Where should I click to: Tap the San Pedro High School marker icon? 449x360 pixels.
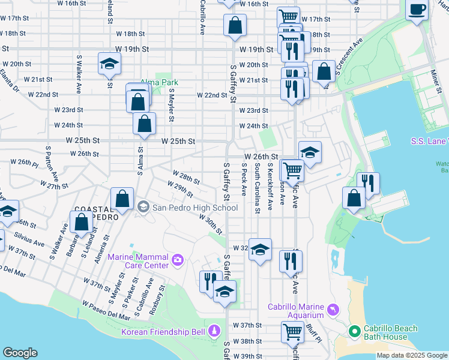click(x=143, y=208)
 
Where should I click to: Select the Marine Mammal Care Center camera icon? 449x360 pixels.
click(x=178, y=259)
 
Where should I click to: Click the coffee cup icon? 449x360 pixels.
click(x=417, y=10)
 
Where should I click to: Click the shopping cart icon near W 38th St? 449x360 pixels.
click(x=292, y=331)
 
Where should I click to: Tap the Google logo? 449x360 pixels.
click(x=20, y=353)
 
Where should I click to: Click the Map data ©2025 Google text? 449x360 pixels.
click(x=411, y=355)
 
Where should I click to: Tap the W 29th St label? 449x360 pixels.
click(x=182, y=191)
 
